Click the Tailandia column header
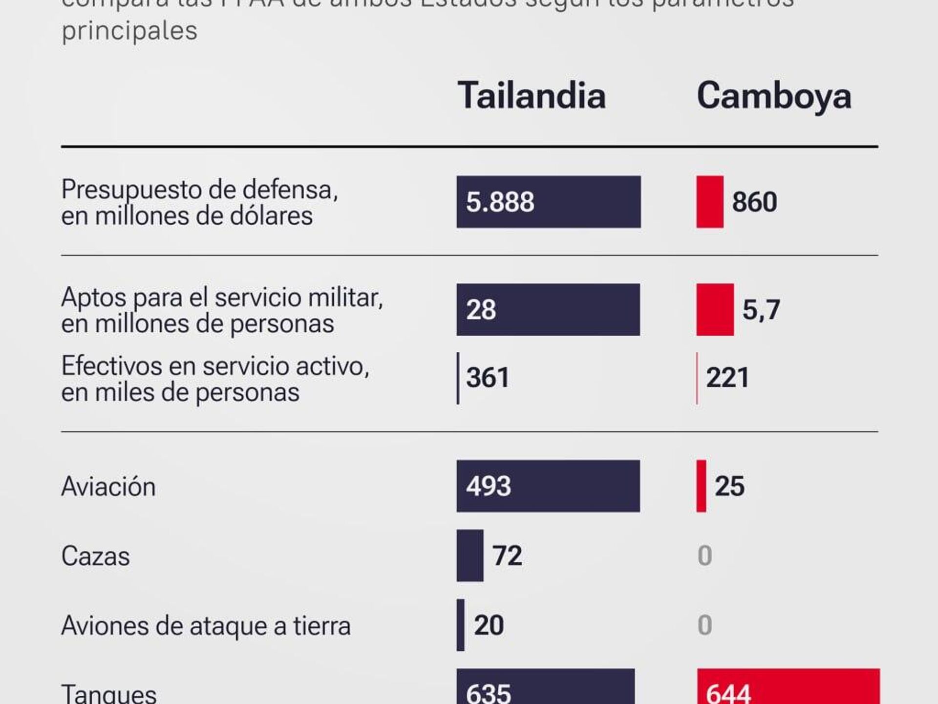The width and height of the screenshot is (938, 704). coord(532,95)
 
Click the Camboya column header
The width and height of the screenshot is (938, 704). coord(774,96)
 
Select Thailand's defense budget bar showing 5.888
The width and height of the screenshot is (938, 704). coord(548,202)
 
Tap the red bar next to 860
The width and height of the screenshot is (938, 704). coord(709,202)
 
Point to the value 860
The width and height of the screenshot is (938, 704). coord(754,202)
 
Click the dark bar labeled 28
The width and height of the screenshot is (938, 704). coord(548,309)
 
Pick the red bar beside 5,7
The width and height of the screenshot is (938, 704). coord(715,309)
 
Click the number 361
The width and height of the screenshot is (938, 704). coord(488,378)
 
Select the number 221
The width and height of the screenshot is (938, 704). coord(727,378)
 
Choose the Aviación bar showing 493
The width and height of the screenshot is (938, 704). coord(548,486)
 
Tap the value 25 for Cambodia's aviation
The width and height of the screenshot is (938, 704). coord(729,486)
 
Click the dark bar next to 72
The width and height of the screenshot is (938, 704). coord(469,555)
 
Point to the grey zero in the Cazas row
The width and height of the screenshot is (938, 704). coord(704,555)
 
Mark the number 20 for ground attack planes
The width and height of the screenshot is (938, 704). coord(489,625)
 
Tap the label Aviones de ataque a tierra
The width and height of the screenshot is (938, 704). coord(206,626)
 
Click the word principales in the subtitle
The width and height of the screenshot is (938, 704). coord(129,31)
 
